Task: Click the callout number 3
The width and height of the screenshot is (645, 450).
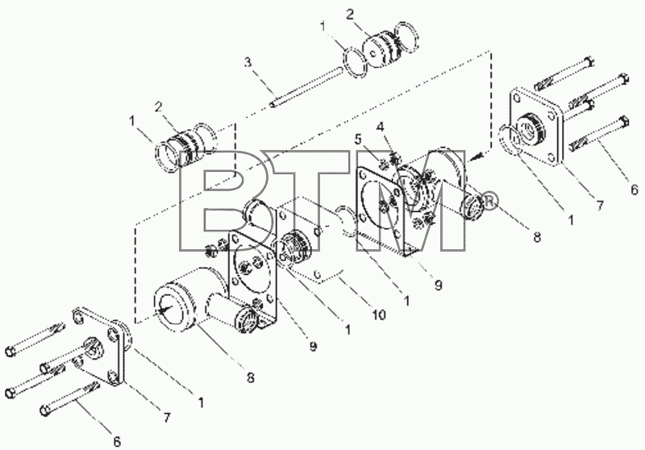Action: point(248,62)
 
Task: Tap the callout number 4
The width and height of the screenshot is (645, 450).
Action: point(381,126)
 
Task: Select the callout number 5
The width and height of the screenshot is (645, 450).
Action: point(358,139)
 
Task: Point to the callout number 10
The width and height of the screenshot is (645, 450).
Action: point(379,315)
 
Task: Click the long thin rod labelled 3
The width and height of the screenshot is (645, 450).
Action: point(307,86)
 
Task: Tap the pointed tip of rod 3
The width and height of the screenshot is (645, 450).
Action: point(273,106)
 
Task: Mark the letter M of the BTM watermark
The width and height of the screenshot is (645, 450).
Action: point(411,200)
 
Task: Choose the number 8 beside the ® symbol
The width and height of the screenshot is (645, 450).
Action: point(536,236)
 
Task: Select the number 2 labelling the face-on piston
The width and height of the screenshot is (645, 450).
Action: point(349,15)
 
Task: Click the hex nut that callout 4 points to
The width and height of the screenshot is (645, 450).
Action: point(396,158)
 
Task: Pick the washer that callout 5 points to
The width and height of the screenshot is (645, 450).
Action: point(383,165)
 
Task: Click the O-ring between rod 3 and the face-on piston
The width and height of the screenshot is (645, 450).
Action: point(355,62)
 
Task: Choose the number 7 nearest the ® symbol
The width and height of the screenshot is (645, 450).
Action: point(599,206)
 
